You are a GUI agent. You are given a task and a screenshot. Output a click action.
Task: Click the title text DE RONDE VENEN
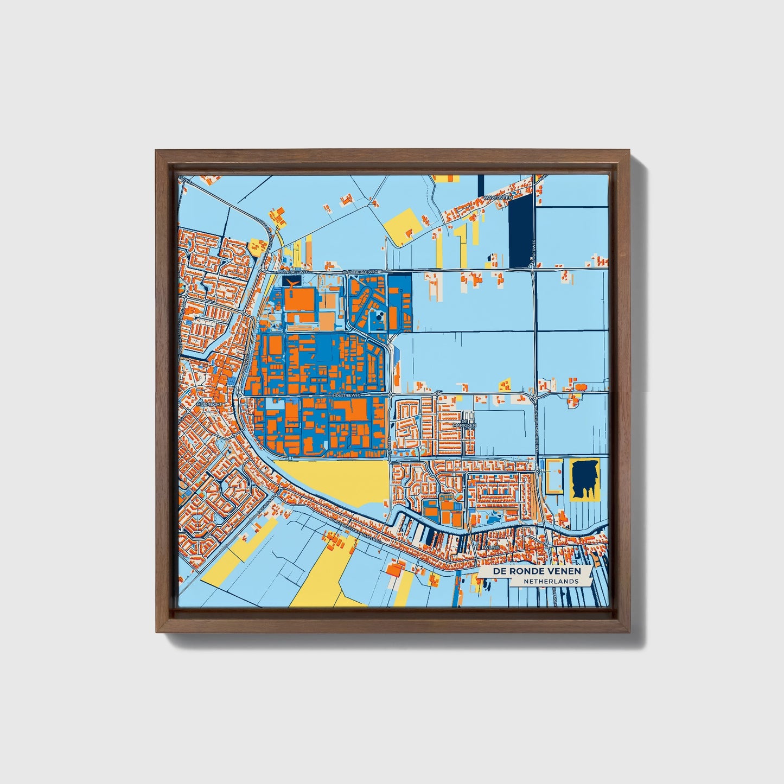coord(536,572)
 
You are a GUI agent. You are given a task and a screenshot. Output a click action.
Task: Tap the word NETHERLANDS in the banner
coord(550,581)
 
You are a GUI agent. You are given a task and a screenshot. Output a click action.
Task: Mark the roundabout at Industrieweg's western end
coord(239,396)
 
